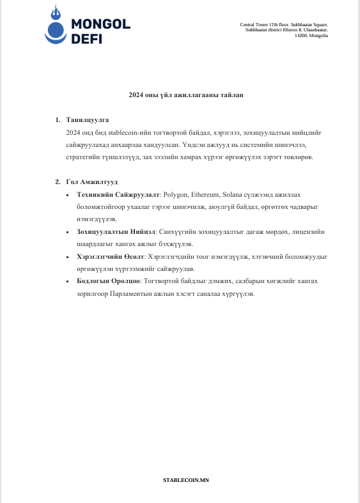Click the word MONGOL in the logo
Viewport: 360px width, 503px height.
100,24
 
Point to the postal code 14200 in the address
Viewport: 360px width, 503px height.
301,36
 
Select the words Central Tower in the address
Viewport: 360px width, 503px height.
253,24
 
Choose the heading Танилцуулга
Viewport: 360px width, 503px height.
88,120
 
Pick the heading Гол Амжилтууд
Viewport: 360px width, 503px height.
92,182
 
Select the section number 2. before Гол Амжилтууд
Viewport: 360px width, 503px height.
58,182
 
